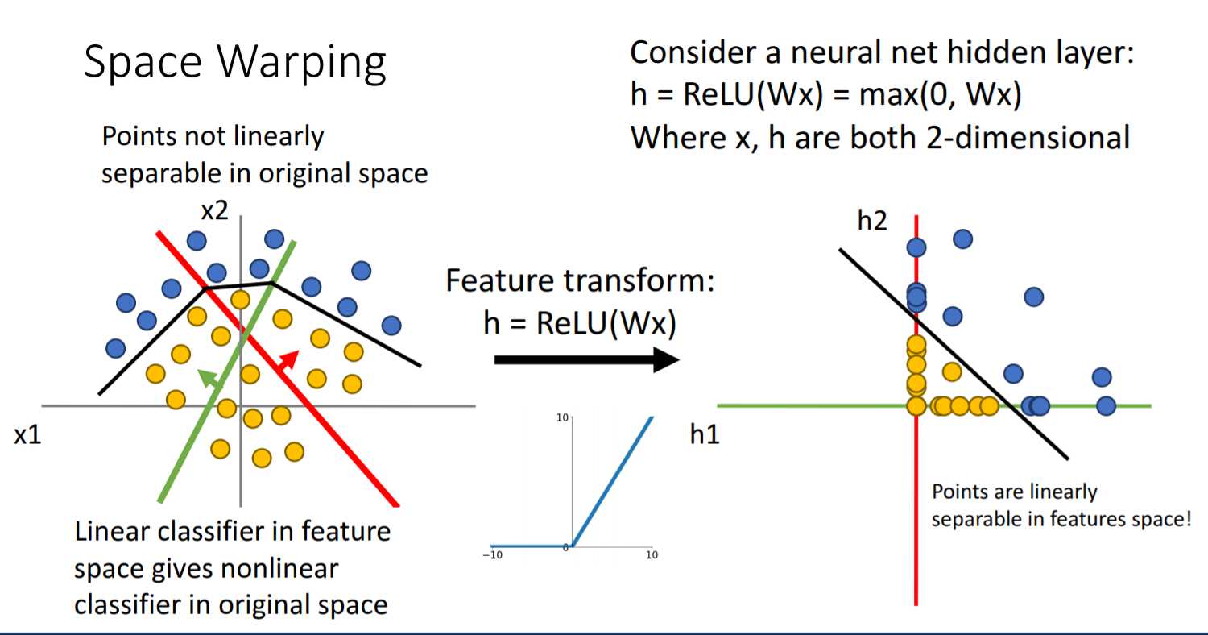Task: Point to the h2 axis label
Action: click(872, 220)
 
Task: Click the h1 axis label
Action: click(705, 435)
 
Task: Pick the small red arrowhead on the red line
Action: click(290, 359)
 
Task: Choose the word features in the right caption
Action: click(1073, 519)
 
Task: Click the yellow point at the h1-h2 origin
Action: click(916, 405)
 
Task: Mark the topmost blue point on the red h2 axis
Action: click(916, 248)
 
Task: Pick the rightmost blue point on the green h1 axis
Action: click(1106, 405)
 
